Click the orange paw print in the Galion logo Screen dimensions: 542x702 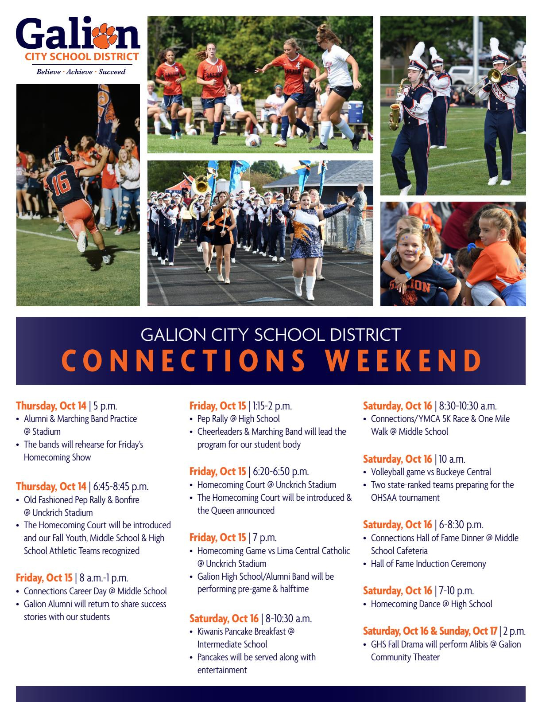tap(104, 35)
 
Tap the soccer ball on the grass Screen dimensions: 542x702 tap(253, 141)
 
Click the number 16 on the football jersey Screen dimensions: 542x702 tap(61, 184)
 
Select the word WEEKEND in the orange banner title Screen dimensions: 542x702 tap(403, 360)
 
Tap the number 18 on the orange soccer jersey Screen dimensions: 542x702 tap(220, 69)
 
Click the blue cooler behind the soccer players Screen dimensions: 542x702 tap(355, 111)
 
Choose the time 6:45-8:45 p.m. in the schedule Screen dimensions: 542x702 tap(121, 487)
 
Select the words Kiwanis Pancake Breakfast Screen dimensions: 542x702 tap(241, 631)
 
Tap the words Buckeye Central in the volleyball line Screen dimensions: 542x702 tap(463, 472)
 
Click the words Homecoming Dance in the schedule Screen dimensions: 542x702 tap(406, 604)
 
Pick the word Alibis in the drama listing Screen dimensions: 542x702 tap(479, 644)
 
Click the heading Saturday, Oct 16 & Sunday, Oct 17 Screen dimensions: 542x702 tap(430, 631)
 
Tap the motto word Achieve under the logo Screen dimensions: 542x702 tap(79, 72)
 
